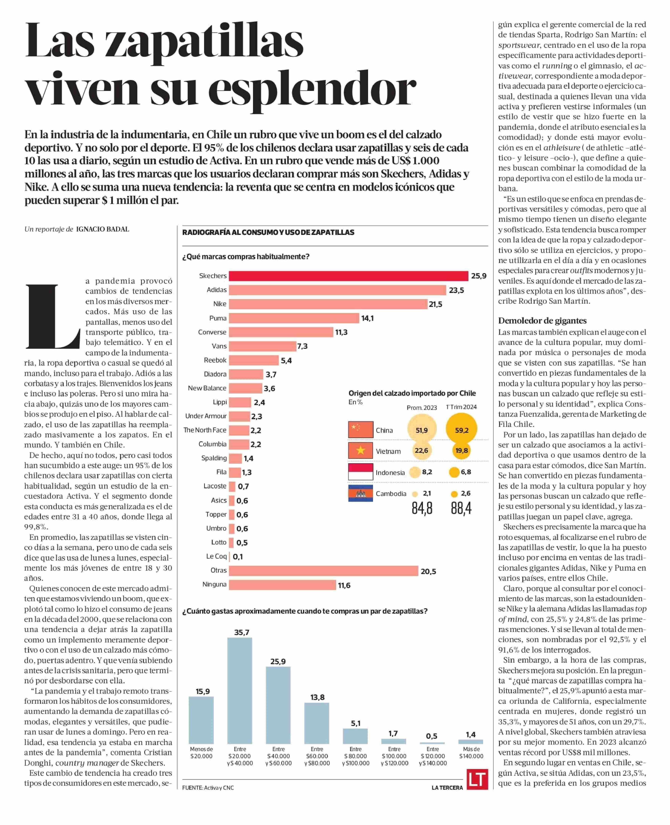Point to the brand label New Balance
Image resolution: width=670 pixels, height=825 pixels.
207,388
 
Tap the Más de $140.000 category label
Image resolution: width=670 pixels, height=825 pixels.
471,752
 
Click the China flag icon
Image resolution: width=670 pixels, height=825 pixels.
360,429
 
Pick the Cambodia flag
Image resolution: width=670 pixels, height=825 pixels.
360,493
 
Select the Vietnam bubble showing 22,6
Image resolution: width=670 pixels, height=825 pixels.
421,450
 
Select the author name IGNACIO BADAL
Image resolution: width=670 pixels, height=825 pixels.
103,229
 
